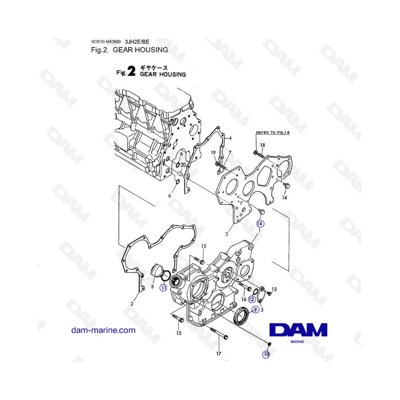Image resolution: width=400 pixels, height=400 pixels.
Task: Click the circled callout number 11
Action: [163, 288]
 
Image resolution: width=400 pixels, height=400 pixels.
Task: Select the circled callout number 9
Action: [256, 309]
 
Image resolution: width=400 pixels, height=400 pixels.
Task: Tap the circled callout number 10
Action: [266, 355]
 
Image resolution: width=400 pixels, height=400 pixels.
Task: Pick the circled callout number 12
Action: [252, 299]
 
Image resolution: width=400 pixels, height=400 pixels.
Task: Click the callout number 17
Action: [219, 354]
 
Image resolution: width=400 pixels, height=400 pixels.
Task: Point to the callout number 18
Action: [263, 145]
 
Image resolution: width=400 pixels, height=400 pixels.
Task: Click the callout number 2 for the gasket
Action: [132, 304]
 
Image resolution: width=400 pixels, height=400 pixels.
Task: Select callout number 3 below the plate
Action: [227, 234]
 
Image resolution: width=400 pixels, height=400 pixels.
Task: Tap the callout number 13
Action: [274, 289]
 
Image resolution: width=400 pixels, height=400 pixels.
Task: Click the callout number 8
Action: [152, 287]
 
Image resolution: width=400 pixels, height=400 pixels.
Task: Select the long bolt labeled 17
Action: [220, 334]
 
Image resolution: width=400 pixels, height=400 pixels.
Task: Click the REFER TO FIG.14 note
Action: [273, 132]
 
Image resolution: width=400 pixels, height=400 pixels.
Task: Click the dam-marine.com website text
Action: [103, 330]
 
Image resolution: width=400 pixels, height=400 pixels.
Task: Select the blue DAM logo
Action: [298, 330]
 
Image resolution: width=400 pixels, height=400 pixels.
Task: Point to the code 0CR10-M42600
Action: [106, 42]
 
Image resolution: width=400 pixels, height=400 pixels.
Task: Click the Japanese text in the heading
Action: [154, 68]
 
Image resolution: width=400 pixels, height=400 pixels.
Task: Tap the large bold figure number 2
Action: [132, 72]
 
